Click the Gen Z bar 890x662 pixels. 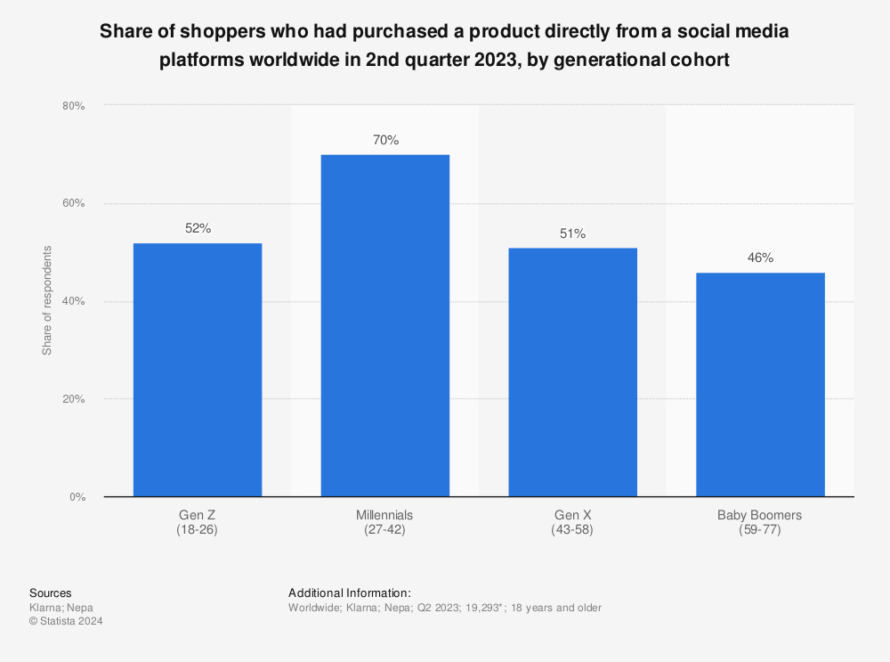point(198,370)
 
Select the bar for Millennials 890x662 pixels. point(385,325)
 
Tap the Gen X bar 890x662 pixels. point(572,372)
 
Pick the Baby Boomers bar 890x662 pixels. point(760,384)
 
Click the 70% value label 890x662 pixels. point(385,140)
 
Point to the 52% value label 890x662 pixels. point(198,228)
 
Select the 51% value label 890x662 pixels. point(572,233)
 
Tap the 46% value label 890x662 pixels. point(760,257)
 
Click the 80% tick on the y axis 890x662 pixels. point(72,106)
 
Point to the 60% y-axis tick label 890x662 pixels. point(72,203)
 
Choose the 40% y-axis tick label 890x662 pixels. point(72,301)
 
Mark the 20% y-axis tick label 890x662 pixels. point(72,399)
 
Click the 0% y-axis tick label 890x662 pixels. point(76,497)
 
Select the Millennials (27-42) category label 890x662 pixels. point(385,522)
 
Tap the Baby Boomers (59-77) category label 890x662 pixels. point(760,522)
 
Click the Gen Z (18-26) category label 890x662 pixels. point(198,522)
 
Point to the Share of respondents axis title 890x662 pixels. point(47,300)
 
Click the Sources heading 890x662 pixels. point(51,593)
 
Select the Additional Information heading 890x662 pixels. point(349,593)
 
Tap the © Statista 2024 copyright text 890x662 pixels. point(66,622)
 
